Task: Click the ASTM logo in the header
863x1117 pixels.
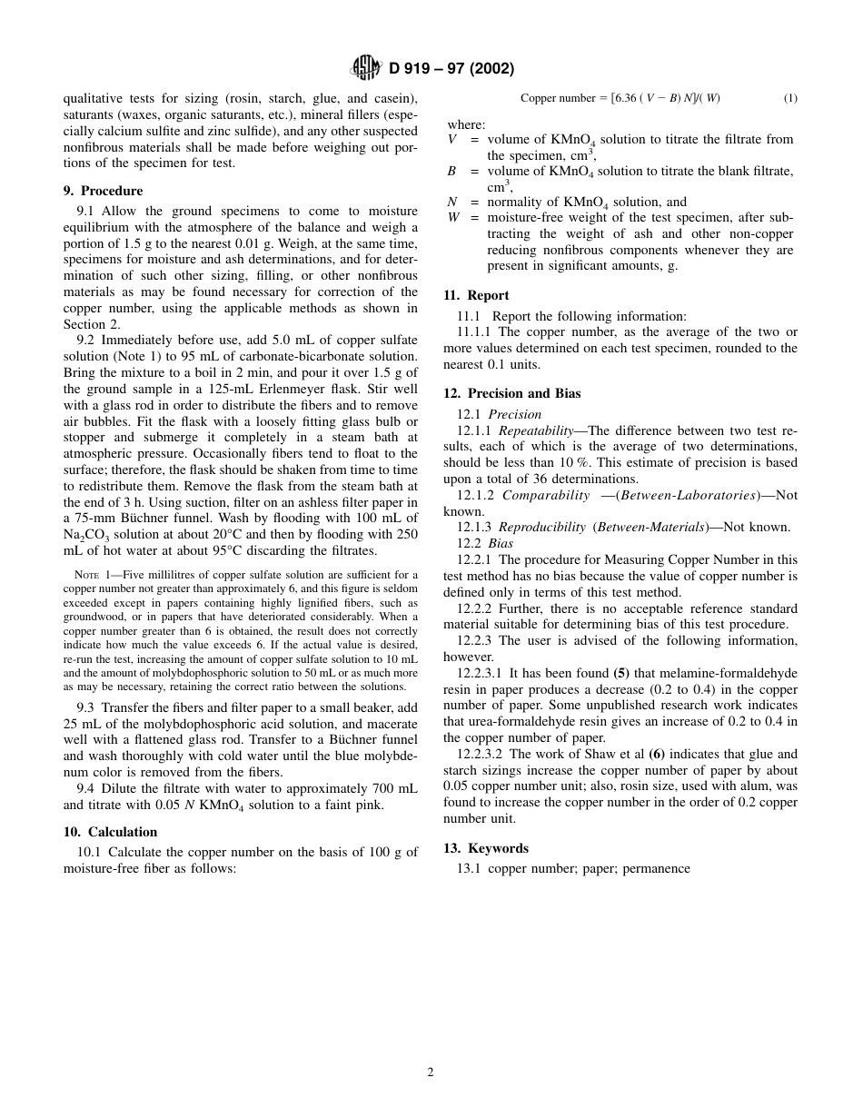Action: click(366, 68)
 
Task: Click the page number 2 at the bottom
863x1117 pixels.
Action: click(431, 1072)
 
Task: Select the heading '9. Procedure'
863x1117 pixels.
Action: click(103, 191)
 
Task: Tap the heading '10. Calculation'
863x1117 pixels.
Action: click(110, 832)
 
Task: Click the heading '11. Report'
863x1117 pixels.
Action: click(476, 295)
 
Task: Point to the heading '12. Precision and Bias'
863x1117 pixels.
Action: click(511, 393)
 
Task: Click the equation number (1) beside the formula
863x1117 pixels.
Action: click(790, 98)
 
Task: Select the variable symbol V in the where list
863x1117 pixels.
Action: click(452, 140)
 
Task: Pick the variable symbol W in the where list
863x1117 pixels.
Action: click(453, 218)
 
